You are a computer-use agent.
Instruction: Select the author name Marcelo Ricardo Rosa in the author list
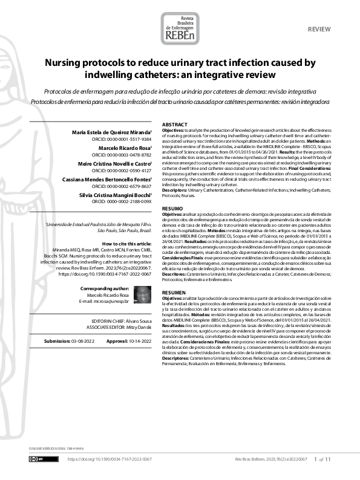(124, 147)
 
